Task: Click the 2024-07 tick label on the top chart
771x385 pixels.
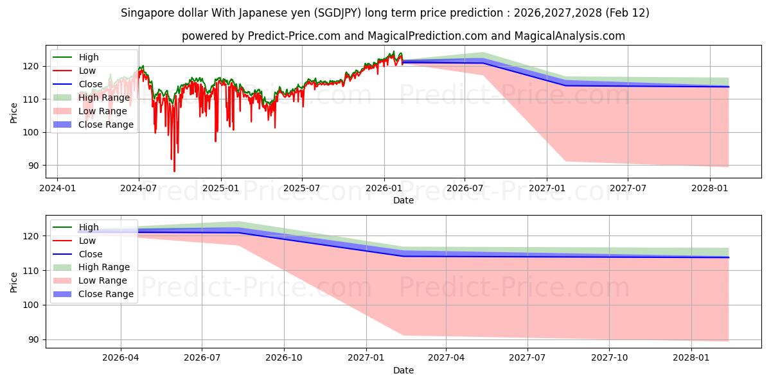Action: (139, 188)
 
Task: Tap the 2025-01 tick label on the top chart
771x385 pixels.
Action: (220, 188)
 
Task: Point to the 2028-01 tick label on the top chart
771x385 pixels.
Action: (710, 188)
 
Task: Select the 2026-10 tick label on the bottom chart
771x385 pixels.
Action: (283, 357)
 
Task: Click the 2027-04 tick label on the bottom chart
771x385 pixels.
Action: (446, 357)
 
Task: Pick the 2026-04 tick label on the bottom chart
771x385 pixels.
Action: (121, 357)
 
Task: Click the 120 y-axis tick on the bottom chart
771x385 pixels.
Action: (33, 236)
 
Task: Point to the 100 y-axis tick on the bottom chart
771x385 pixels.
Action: (33, 305)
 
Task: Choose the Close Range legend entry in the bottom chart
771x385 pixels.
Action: (106, 294)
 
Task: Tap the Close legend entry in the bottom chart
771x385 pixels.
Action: (91, 254)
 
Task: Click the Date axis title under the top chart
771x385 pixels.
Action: (403, 200)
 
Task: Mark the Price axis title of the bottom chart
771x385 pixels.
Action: (14, 281)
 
